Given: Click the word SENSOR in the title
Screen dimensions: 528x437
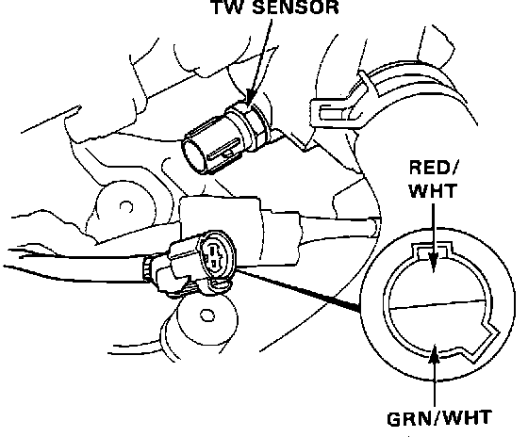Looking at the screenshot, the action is pos(295,8).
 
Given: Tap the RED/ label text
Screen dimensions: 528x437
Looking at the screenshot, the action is pos(434,168).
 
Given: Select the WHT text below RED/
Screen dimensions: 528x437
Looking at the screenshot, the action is pos(433,190).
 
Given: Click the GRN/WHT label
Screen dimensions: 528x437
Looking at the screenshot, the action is pos(438,418).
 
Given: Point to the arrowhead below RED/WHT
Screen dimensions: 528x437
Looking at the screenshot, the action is pos(434,262).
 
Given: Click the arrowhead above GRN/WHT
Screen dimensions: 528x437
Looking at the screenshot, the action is pos(435,354).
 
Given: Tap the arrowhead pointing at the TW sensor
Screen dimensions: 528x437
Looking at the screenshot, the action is pos(250,98).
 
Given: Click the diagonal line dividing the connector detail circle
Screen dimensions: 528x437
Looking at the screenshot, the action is pos(437,304).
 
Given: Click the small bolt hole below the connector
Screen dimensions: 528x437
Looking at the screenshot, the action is pos(206,316).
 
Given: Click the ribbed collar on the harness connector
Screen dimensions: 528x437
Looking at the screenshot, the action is pos(148,268).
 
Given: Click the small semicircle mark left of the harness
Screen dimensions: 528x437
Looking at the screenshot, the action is pos(126,206).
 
